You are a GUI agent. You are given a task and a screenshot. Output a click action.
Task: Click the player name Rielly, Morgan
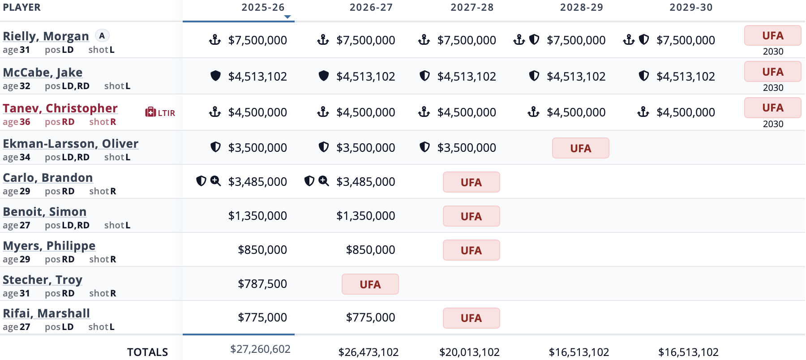[x=46, y=36]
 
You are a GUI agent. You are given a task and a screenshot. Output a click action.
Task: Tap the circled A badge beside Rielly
[x=102, y=36]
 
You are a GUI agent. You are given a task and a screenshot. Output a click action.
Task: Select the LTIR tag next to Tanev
[x=160, y=112]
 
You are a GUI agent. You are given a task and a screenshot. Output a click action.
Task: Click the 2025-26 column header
[x=263, y=8]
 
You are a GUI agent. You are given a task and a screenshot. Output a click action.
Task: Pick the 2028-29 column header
[x=581, y=8]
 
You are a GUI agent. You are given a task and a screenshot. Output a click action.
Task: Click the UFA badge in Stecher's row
[x=370, y=284]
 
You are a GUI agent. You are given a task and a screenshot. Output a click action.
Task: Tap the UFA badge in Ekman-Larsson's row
[x=580, y=148]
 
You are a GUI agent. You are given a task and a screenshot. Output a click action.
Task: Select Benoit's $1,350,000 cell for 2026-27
[x=365, y=216]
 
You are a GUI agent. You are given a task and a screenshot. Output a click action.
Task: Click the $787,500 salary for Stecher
[x=262, y=284]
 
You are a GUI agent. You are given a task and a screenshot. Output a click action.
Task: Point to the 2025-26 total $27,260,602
[x=260, y=349]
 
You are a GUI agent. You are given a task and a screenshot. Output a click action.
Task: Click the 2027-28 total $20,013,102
[x=469, y=352]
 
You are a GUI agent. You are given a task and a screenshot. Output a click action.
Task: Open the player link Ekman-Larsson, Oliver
[x=70, y=144]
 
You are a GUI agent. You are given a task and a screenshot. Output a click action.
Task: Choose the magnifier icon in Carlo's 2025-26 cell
[x=216, y=181]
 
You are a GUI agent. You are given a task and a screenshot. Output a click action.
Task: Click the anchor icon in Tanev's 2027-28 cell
[x=424, y=111]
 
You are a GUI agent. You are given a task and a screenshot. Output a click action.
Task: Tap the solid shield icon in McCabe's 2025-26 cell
[x=215, y=76]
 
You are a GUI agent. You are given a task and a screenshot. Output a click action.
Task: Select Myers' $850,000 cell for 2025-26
[x=262, y=250]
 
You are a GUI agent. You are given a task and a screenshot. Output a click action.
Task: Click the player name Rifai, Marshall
[x=46, y=313]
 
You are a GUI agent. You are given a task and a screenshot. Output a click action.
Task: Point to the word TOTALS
[x=147, y=352]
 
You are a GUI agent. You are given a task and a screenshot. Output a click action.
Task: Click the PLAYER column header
[x=21, y=8]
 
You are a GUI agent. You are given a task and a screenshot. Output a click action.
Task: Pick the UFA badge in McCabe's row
[x=772, y=72]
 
